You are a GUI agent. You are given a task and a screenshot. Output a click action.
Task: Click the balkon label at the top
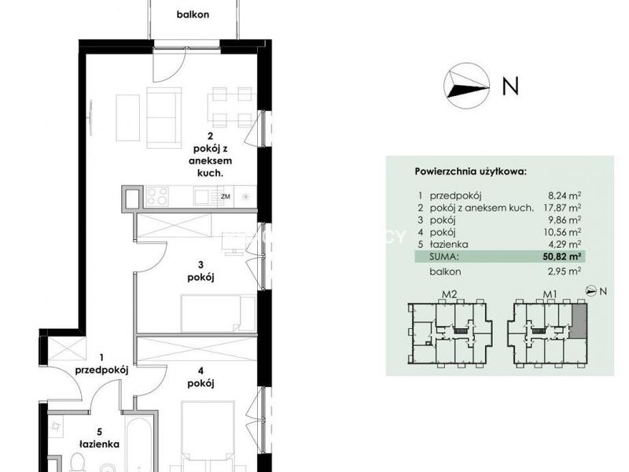tap(193, 14)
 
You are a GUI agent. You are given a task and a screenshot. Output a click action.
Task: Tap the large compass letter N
tap(510, 86)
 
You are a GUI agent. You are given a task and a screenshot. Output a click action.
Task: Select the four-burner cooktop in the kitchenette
tap(156, 196)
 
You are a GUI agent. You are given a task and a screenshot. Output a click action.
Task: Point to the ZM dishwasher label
tap(226, 197)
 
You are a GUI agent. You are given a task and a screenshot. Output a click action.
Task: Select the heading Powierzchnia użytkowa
tap(470, 171)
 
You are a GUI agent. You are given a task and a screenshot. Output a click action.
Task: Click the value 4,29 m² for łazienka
tap(566, 244)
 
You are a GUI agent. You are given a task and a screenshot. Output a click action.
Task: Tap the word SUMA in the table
tap(443, 256)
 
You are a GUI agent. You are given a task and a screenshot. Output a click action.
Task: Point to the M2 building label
tap(449, 294)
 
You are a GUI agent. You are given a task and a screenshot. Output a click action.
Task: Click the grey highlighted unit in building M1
tap(578, 320)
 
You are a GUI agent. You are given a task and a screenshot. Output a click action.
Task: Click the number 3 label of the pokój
tap(200, 265)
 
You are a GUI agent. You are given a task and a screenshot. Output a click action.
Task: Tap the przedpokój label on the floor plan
tap(102, 371)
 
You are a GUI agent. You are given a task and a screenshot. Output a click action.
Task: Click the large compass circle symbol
tap(466, 86)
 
